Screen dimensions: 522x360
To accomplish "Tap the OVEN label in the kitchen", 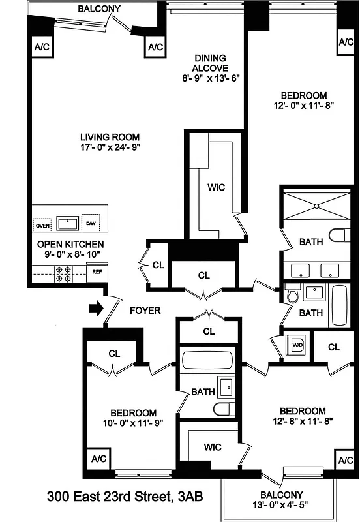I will [x=42, y=226].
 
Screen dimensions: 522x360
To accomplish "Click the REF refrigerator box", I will [x=96, y=270].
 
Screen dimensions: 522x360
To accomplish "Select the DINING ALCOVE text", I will [x=210, y=63].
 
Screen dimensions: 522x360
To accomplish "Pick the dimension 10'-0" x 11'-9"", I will [x=133, y=423].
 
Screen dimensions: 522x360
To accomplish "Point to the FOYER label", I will [x=145, y=311].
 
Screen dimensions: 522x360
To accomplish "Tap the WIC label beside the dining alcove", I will [x=217, y=187].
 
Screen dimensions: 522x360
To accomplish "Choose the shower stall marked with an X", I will [x=315, y=206].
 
